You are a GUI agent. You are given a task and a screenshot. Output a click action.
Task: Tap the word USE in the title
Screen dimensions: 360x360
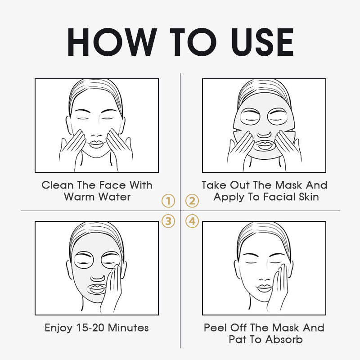point(262,42)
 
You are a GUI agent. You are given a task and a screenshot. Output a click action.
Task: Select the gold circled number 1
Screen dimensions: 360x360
point(168,201)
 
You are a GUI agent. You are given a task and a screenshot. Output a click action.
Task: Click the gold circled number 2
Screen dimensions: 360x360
point(192,201)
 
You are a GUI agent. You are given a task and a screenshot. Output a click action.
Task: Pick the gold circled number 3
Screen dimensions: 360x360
point(168,221)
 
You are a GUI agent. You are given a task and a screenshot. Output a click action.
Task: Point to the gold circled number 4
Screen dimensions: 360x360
point(192,221)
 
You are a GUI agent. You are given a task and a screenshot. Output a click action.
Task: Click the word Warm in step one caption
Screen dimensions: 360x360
point(79,197)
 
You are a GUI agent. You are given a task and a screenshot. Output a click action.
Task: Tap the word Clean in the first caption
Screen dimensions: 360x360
point(58,185)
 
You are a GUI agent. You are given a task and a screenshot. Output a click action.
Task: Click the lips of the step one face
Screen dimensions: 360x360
point(96,144)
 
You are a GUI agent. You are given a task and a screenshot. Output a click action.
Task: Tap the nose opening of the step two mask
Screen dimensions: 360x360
point(264,134)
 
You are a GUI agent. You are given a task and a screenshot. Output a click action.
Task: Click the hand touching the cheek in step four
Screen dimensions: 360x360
point(278,290)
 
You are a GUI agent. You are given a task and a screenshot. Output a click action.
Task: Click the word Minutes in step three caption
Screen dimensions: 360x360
point(128,328)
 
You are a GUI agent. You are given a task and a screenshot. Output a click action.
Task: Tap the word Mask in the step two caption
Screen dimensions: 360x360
point(288,185)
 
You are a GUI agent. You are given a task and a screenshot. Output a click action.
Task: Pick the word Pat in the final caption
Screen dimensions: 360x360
point(237,339)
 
